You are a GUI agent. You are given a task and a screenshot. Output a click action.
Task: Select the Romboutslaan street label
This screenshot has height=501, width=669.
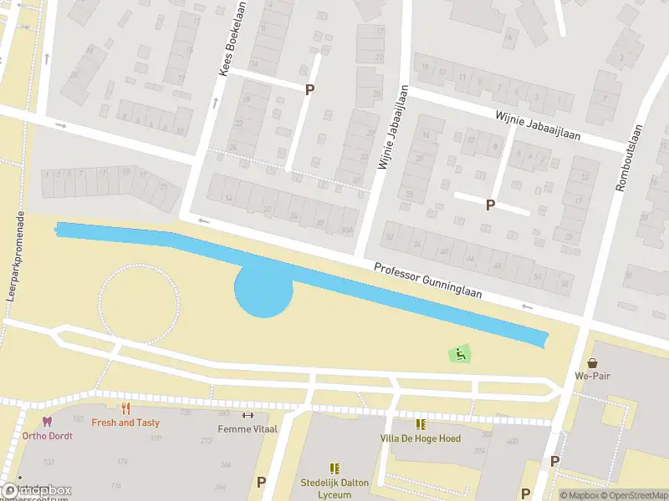click(x=629, y=158)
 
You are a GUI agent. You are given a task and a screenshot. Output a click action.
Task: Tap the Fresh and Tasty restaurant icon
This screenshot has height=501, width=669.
click(x=126, y=408)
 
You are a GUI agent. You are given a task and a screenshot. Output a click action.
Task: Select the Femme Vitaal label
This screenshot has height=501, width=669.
click(x=247, y=428)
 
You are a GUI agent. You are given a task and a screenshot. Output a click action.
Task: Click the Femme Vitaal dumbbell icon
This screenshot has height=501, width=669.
click(x=247, y=415)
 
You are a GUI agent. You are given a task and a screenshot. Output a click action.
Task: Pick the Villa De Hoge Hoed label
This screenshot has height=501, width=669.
click(x=420, y=438)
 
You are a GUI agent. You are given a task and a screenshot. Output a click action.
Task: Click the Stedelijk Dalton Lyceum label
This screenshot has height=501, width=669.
click(x=335, y=488)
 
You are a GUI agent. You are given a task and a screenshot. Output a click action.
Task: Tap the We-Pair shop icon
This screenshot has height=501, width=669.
click(x=593, y=363)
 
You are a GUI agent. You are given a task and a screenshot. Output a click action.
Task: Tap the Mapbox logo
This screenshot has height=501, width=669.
click(x=37, y=490)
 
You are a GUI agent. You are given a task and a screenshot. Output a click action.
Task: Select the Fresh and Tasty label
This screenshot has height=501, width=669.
click(x=125, y=423)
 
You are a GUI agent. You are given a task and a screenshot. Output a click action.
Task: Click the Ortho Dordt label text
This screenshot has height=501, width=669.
click(x=48, y=436)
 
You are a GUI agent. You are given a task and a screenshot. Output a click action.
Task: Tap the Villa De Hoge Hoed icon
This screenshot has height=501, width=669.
click(x=420, y=424)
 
